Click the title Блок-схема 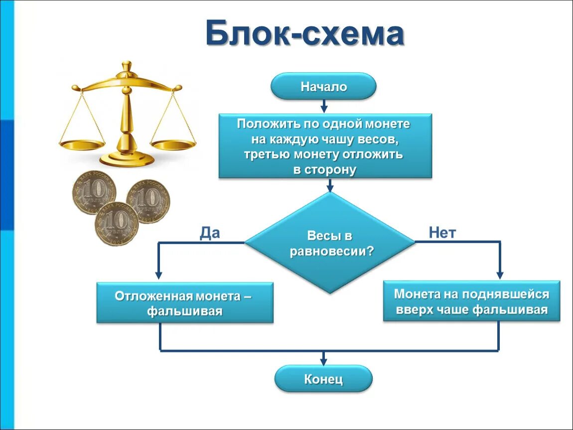click(304, 34)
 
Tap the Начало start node click(323, 87)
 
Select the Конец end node click(323, 379)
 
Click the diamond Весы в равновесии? click(330, 243)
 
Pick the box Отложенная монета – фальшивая click(184, 303)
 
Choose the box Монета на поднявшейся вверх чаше click(471, 302)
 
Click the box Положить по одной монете click(325, 146)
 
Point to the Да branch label click(210, 233)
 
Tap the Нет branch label click(442, 233)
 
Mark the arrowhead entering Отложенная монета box click(159, 275)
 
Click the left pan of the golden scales click(83, 144)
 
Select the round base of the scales click(127, 159)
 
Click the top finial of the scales click(127, 66)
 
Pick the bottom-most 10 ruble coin click(116, 224)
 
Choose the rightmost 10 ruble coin click(148, 202)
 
